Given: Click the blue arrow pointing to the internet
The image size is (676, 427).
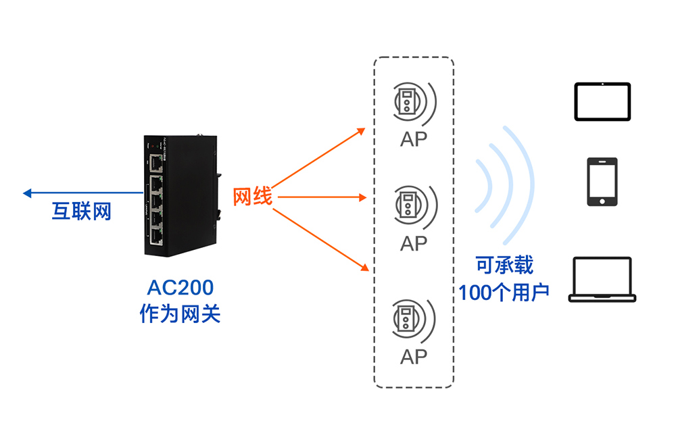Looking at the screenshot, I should coord(68,193).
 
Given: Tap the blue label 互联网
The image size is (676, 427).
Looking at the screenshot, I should coord(81,211).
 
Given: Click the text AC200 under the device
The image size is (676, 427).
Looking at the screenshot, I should coord(180,288).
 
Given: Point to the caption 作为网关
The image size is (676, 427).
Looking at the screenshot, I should coord(180,314).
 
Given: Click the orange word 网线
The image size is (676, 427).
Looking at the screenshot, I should coord(253,197).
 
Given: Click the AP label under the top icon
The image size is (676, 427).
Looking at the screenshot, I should coord(414,139).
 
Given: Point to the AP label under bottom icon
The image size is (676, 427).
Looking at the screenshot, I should coord(414,356).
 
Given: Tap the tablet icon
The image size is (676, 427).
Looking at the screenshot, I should coord(602,101).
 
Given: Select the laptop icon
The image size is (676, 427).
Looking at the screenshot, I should coord(602,279).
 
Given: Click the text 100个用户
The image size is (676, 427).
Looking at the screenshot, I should coord(504,293).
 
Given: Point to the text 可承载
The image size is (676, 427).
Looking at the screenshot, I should coord(504,265).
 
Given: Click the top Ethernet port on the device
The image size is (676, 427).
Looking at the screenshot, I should coord(157,162).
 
